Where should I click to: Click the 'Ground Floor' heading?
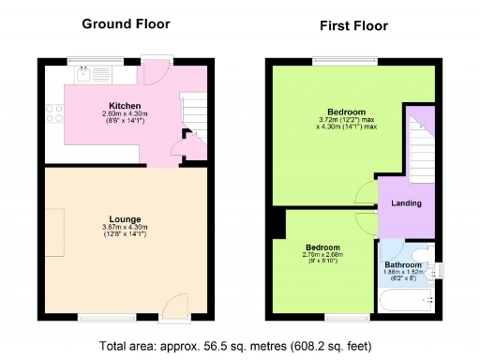pos(124,22)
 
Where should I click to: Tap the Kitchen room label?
pos(125,105)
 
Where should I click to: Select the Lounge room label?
pos(125,217)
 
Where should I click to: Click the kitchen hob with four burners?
pos(54,113)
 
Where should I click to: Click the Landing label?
pos(406,203)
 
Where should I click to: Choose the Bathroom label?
pos(403,265)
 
